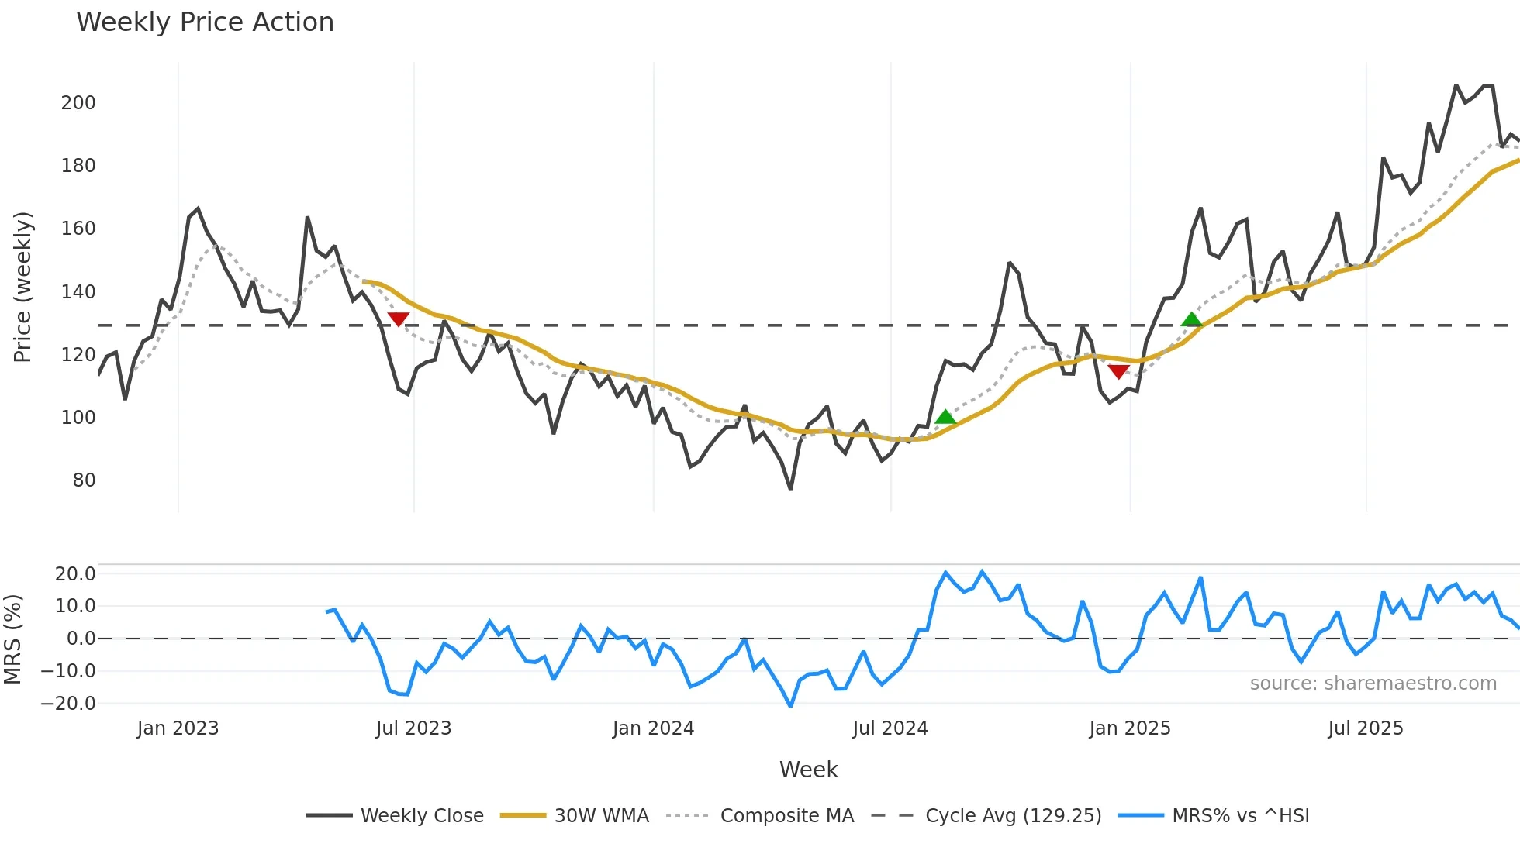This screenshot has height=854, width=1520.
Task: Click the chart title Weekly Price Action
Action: point(205,22)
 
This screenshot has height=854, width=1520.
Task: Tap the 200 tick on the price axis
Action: point(78,103)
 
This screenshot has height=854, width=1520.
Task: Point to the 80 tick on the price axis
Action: point(84,480)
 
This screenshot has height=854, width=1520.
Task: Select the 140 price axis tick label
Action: point(78,292)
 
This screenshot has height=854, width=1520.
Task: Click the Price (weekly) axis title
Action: point(22,287)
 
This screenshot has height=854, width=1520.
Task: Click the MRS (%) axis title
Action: point(12,639)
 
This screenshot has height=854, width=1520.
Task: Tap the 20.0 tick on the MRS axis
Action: point(75,574)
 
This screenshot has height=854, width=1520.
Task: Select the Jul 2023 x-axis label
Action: point(413,728)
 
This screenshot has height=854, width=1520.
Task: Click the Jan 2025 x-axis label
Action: point(1129,728)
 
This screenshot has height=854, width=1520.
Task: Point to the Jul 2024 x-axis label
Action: point(890,728)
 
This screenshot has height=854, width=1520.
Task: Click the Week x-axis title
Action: point(808,770)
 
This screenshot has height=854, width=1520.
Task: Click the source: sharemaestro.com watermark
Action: point(1373,684)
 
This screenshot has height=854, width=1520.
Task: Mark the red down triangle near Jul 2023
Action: point(398,319)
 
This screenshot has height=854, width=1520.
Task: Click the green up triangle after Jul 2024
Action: point(945,418)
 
